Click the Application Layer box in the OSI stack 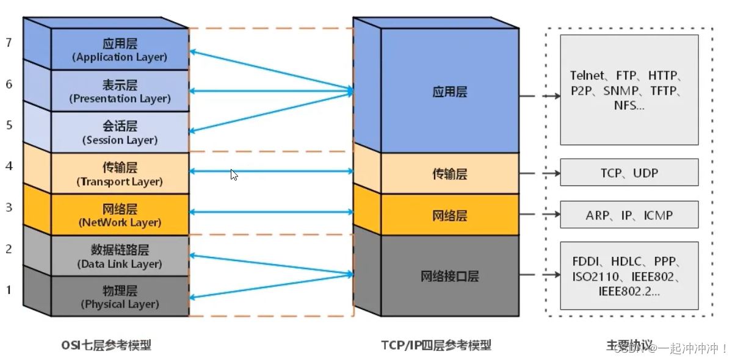[x=120, y=50]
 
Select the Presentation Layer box [x=120, y=92]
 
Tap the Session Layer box [x=120, y=132]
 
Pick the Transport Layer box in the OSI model [x=120, y=174]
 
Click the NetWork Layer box [x=120, y=215]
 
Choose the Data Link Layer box [x=120, y=256]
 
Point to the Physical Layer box [x=120, y=297]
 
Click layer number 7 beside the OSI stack [x=9, y=43]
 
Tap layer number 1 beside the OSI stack [x=9, y=289]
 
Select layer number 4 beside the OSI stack [x=9, y=166]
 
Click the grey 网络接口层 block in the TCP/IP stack [x=449, y=276]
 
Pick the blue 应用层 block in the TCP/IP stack [x=449, y=92]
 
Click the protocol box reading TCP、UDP [x=629, y=173]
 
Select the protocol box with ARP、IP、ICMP [x=629, y=215]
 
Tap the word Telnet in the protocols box [x=588, y=76]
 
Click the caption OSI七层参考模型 [x=106, y=345]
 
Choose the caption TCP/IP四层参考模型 [x=436, y=345]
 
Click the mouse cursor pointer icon [x=234, y=175]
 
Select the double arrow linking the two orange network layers [x=272, y=212]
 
